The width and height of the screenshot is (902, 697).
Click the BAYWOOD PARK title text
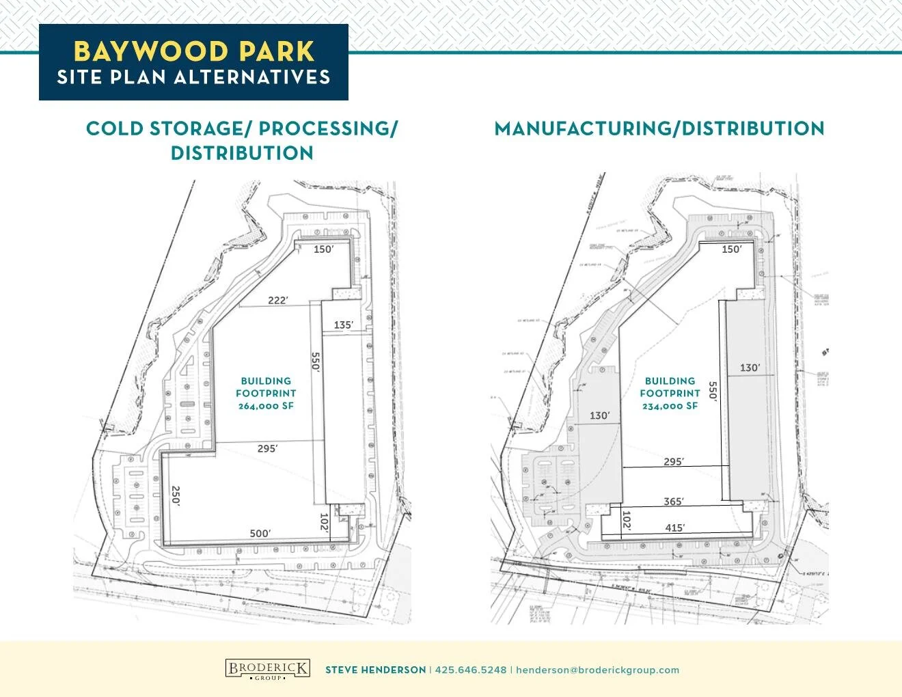[193, 51]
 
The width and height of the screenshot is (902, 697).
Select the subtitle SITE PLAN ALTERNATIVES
[193, 77]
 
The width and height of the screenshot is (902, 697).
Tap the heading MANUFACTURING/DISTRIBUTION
[659, 128]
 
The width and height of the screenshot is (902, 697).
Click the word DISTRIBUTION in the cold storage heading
[242, 153]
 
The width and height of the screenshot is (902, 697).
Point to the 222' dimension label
[277, 300]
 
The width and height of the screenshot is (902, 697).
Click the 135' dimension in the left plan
[343, 325]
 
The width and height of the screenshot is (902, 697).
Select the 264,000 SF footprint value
[266, 406]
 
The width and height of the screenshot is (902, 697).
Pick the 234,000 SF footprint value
[670, 406]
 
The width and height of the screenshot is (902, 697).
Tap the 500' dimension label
[260, 533]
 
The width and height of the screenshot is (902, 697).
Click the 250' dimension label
[176, 495]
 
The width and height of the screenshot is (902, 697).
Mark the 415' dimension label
[674, 528]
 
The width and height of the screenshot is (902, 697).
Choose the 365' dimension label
[674, 502]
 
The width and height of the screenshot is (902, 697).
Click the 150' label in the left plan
[323, 249]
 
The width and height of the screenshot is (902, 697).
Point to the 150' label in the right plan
[731, 249]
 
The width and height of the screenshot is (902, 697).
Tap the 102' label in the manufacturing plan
[627, 521]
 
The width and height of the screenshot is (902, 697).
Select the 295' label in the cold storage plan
[267, 449]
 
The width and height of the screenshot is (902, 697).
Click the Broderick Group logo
[267, 669]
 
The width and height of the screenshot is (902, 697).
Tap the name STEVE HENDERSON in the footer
[375, 670]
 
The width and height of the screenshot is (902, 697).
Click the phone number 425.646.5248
[471, 670]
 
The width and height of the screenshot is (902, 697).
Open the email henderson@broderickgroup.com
[597, 670]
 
